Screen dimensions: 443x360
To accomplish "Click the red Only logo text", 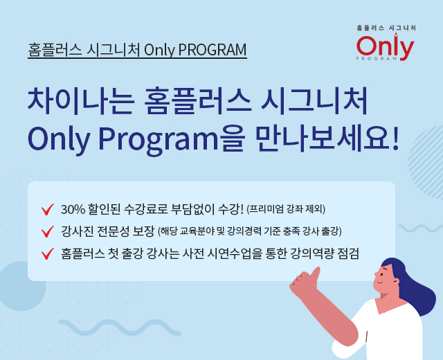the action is pyautogui.click(x=385, y=47).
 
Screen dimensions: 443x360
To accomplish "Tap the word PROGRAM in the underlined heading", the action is pyautogui.click(x=213, y=50).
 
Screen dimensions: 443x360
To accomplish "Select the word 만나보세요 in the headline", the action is pyautogui.click(x=323, y=138).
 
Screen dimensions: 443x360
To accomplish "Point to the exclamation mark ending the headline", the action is pyautogui.click(x=395, y=138).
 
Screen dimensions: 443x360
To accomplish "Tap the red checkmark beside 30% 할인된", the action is pyautogui.click(x=48, y=209).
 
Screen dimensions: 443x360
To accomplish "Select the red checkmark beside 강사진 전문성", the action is pyautogui.click(x=48, y=231).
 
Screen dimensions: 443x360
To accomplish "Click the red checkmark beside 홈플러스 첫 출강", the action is pyautogui.click(x=48, y=253).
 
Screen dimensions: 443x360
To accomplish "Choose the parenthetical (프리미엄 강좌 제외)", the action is pyautogui.click(x=286, y=209).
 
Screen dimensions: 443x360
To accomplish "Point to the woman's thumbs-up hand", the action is pyautogui.click(x=305, y=282).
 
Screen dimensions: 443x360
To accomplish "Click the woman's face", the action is pyautogui.click(x=385, y=279).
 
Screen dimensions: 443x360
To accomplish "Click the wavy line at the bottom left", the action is pyautogui.click(x=120, y=327).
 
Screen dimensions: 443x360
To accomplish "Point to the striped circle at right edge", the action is pyautogui.click(x=426, y=162).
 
